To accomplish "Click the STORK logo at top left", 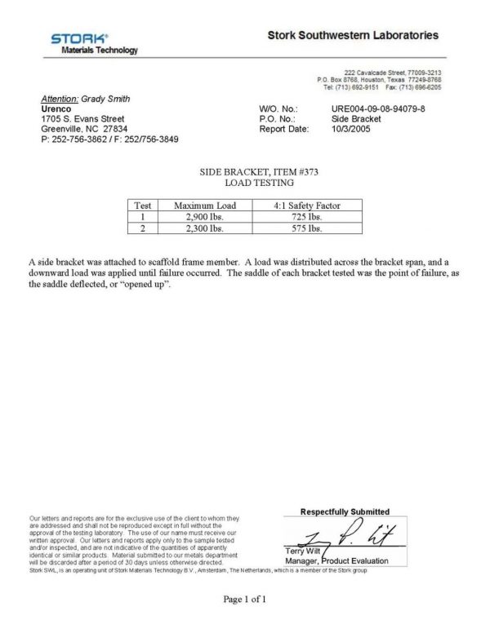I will tap(78, 39).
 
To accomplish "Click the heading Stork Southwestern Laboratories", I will tap(353, 36).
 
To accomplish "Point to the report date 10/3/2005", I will tap(351, 129).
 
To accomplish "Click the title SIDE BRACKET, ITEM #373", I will tap(246, 174).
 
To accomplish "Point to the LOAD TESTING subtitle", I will tap(246, 185).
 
